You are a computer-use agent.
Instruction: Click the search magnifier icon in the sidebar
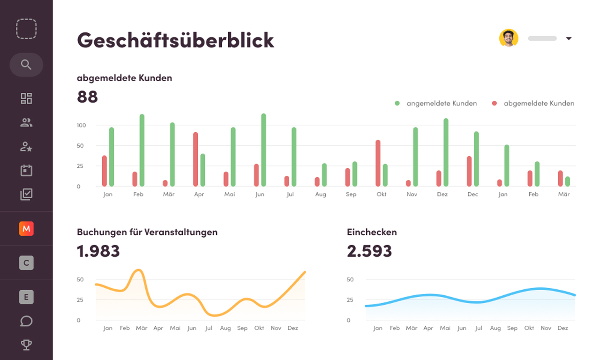pos(26,65)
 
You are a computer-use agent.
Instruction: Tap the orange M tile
pos(26,228)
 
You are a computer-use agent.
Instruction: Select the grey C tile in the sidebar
pos(26,263)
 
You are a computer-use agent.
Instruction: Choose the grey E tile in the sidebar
pos(26,297)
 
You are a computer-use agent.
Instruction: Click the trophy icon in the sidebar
pos(26,345)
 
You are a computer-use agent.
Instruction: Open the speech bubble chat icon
pos(26,321)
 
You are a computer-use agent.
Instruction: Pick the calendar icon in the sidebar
pos(26,170)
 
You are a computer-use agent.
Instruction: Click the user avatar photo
pos(509,38)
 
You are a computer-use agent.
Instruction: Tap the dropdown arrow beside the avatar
pos(569,38)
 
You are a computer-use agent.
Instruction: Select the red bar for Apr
pos(195,159)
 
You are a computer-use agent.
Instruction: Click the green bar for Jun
pos(263,150)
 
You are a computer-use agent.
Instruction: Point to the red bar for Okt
pos(378,163)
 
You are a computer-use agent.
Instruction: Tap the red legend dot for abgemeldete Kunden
pos(495,103)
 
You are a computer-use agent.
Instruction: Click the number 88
pos(87,97)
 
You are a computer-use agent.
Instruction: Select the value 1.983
pos(98,251)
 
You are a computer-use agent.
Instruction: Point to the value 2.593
pos(369,251)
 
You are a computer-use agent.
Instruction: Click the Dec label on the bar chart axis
pos(473,194)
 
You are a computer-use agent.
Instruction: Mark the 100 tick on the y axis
pos(81,125)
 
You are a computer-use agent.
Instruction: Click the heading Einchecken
pos(372,232)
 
